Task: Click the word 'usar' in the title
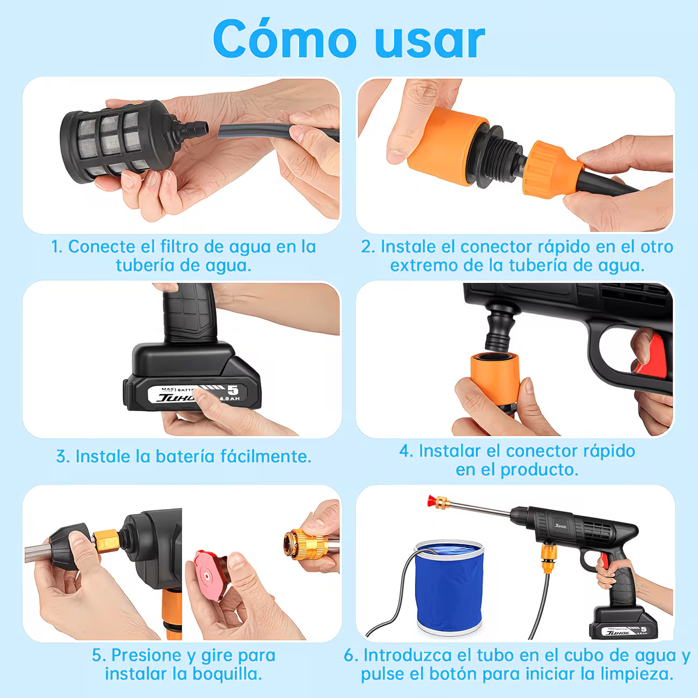coord(430,41)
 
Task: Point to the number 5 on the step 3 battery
coord(232,390)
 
